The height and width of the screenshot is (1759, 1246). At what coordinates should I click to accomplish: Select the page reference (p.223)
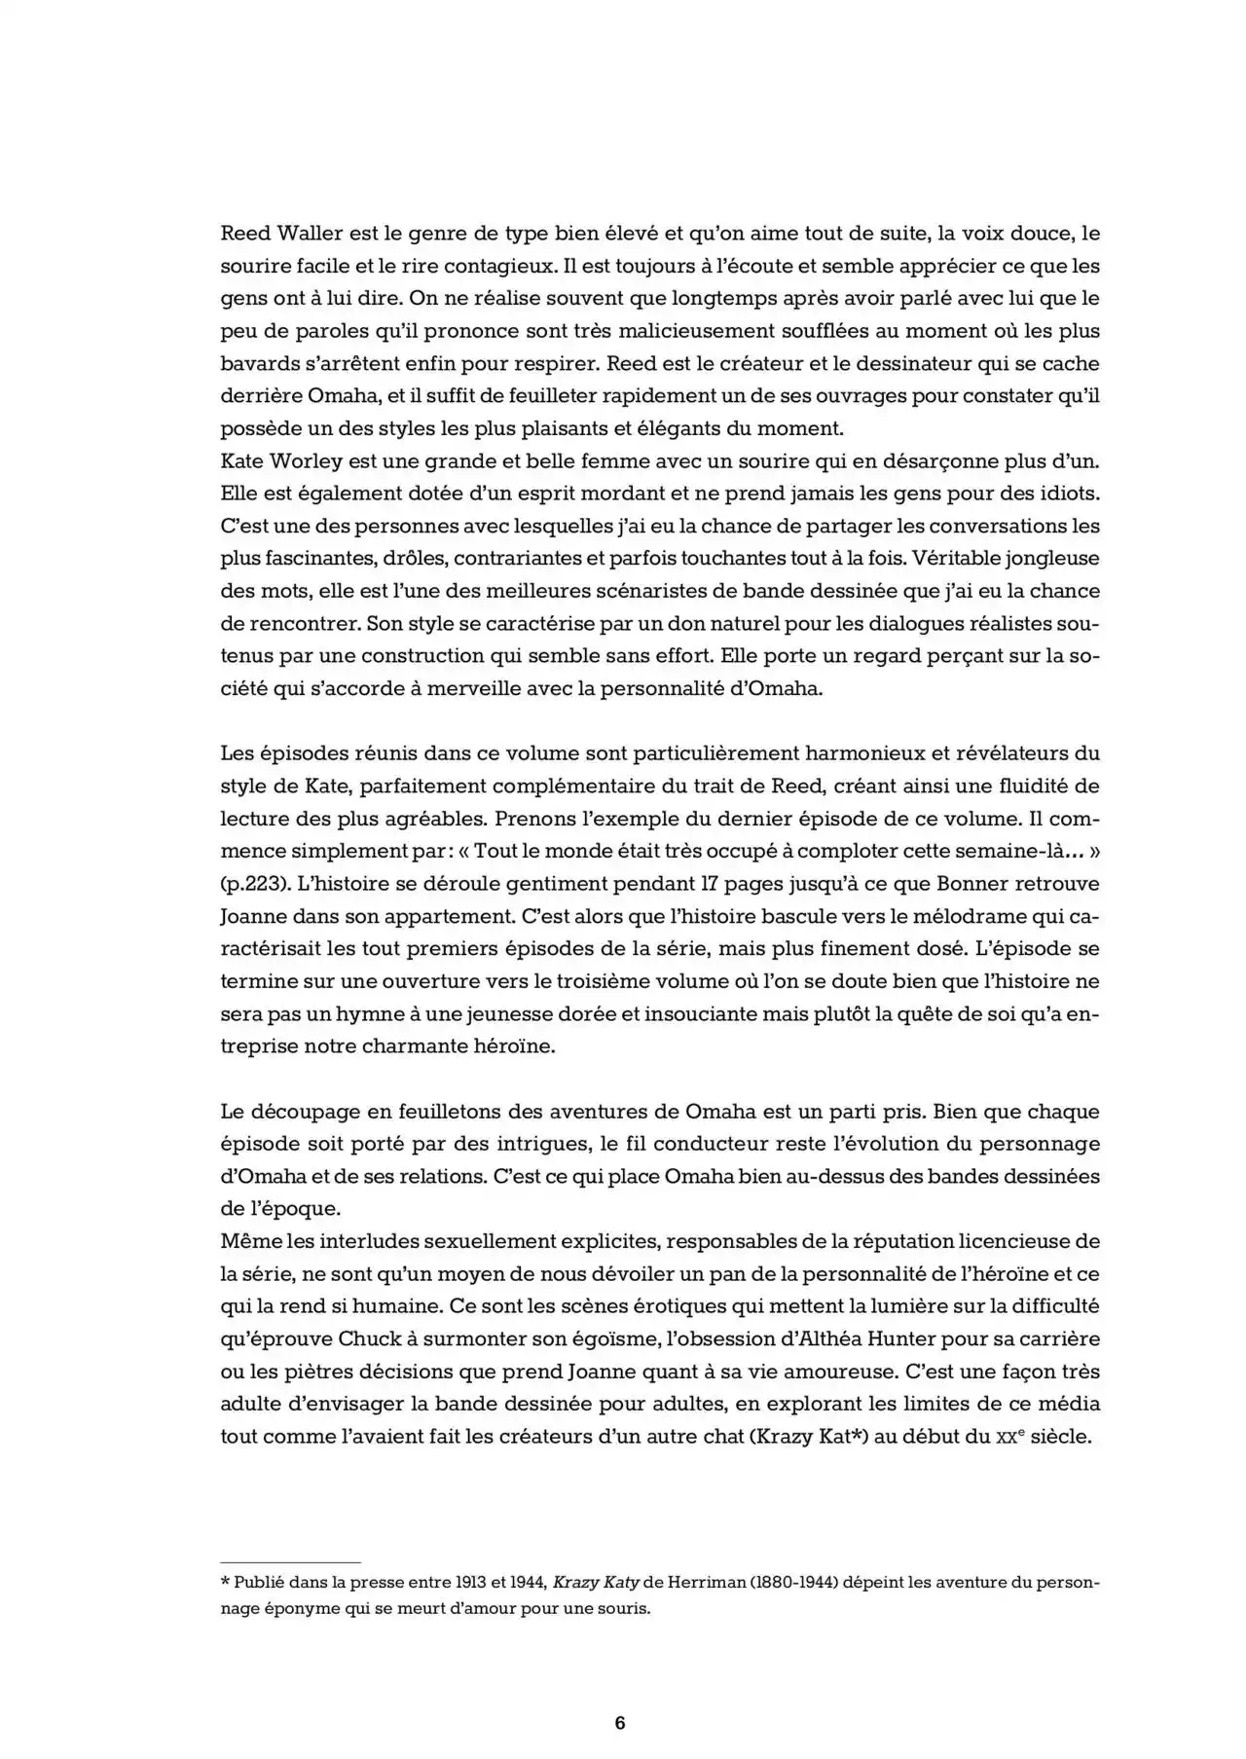pyautogui.click(x=255, y=884)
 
